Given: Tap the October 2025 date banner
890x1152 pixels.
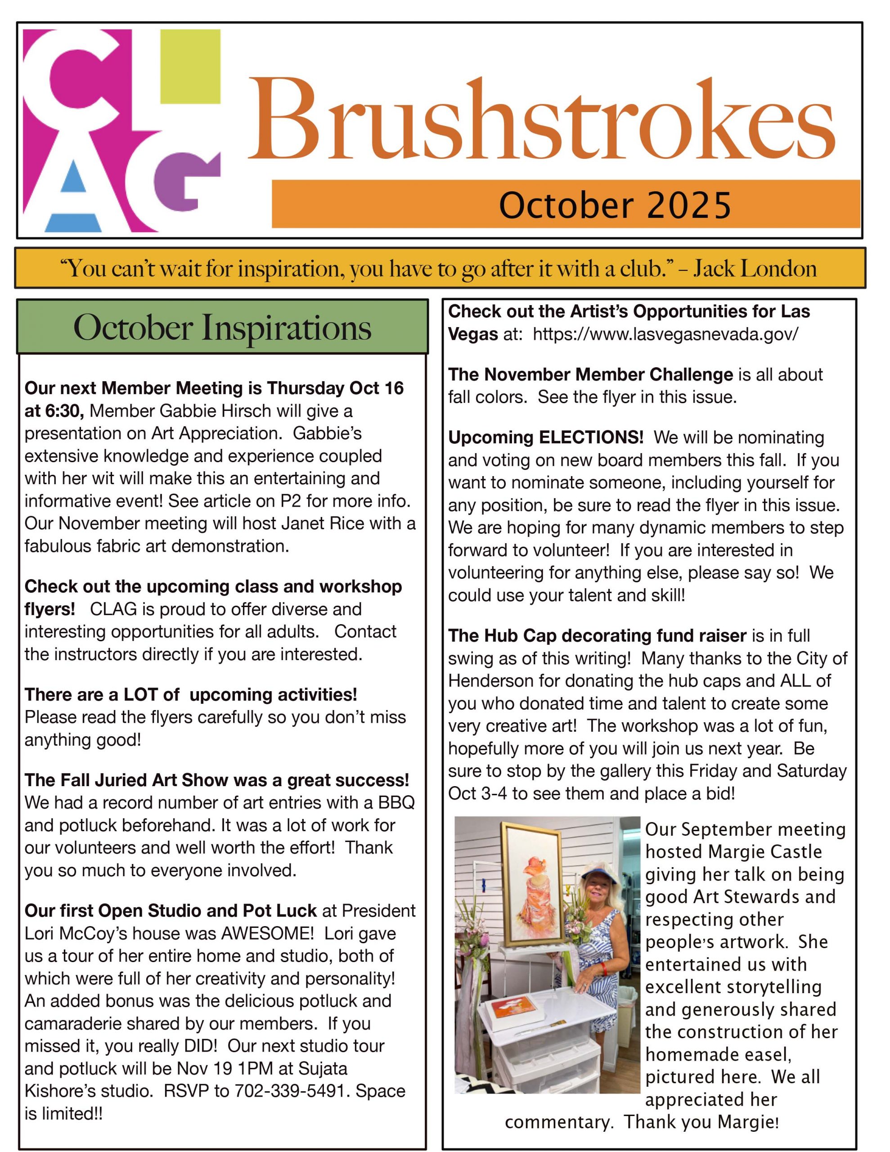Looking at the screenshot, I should tap(615, 205).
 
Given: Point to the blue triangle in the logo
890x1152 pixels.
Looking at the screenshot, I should tap(73, 177).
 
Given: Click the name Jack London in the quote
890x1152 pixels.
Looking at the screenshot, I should tap(755, 269).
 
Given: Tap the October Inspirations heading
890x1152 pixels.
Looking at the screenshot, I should tap(222, 328).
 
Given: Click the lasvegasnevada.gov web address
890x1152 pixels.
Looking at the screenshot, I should tap(665, 334).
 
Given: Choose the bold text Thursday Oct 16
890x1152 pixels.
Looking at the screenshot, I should tap(335, 388).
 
